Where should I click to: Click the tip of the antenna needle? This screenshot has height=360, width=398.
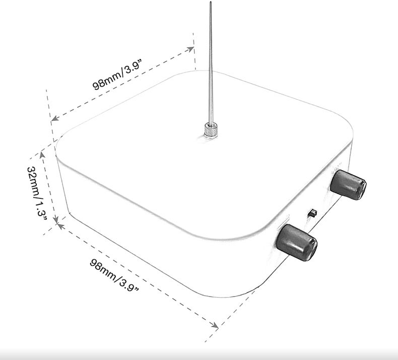211,2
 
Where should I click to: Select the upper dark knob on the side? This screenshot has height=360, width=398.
348,185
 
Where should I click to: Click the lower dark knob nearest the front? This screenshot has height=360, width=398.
297,242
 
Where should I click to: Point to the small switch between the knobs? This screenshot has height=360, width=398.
312,213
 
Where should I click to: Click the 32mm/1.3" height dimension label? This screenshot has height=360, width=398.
37,194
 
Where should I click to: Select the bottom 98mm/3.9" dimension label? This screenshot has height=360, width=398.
114,275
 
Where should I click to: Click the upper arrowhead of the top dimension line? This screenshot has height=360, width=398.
190,49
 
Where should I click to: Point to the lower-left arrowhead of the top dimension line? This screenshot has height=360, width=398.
55,118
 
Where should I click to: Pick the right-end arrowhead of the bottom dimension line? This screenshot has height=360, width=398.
215,325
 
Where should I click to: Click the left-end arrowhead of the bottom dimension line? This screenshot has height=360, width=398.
60,226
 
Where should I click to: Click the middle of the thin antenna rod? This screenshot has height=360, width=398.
211,63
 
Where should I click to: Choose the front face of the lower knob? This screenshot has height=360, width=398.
310,250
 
